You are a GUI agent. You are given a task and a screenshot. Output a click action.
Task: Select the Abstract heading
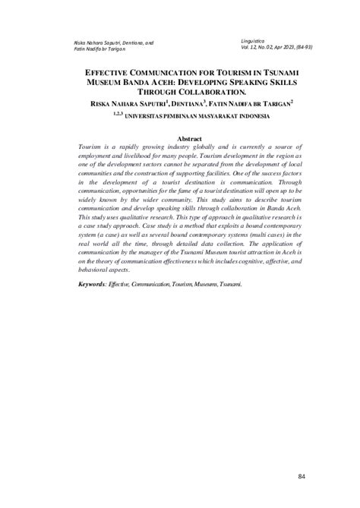point(189,118)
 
